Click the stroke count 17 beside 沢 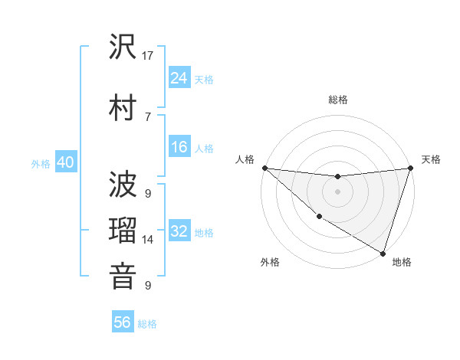[149, 56]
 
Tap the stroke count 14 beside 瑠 [149, 240]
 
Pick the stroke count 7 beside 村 [148, 116]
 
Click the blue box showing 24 [179, 78]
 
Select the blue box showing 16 [179, 147]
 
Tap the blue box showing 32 [179, 231]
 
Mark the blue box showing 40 [65, 162]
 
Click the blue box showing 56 [123, 322]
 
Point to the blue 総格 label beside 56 [147, 324]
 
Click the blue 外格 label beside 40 [41, 164]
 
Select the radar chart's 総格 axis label [338, 100]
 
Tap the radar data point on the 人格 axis [264, 168]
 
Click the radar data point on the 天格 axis [411, 168]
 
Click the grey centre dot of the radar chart [338, 191]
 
